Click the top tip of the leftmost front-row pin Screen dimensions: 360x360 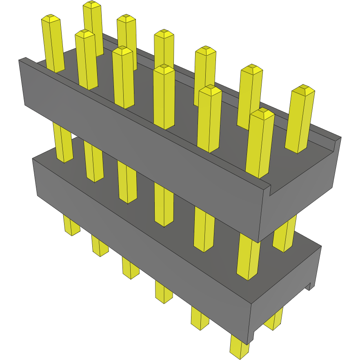51,19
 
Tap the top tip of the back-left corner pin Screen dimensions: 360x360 92,5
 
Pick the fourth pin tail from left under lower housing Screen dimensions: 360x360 164,292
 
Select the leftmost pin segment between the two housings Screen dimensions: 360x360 63,143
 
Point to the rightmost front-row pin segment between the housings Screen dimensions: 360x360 248,257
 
